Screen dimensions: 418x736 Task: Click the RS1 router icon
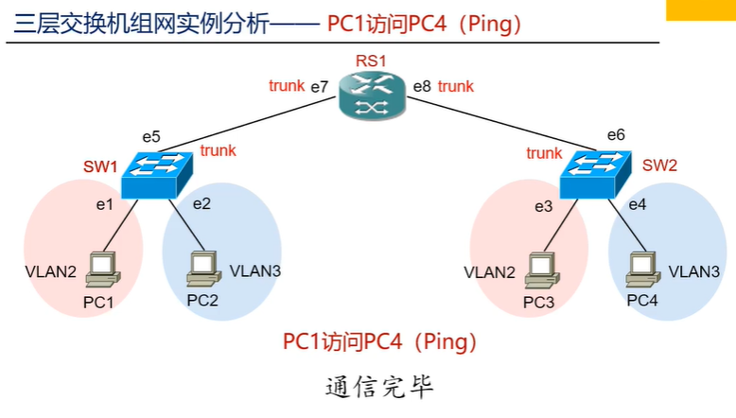[372, 96]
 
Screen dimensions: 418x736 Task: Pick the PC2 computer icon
[202, 267]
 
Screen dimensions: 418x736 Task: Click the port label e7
[320, 87]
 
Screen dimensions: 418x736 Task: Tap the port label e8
[422, 87]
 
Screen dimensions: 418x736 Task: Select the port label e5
[150, 135]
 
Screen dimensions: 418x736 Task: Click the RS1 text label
[371, 61]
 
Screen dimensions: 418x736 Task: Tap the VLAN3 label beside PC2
[255, 270]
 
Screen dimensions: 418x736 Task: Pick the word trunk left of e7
[287, 86]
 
